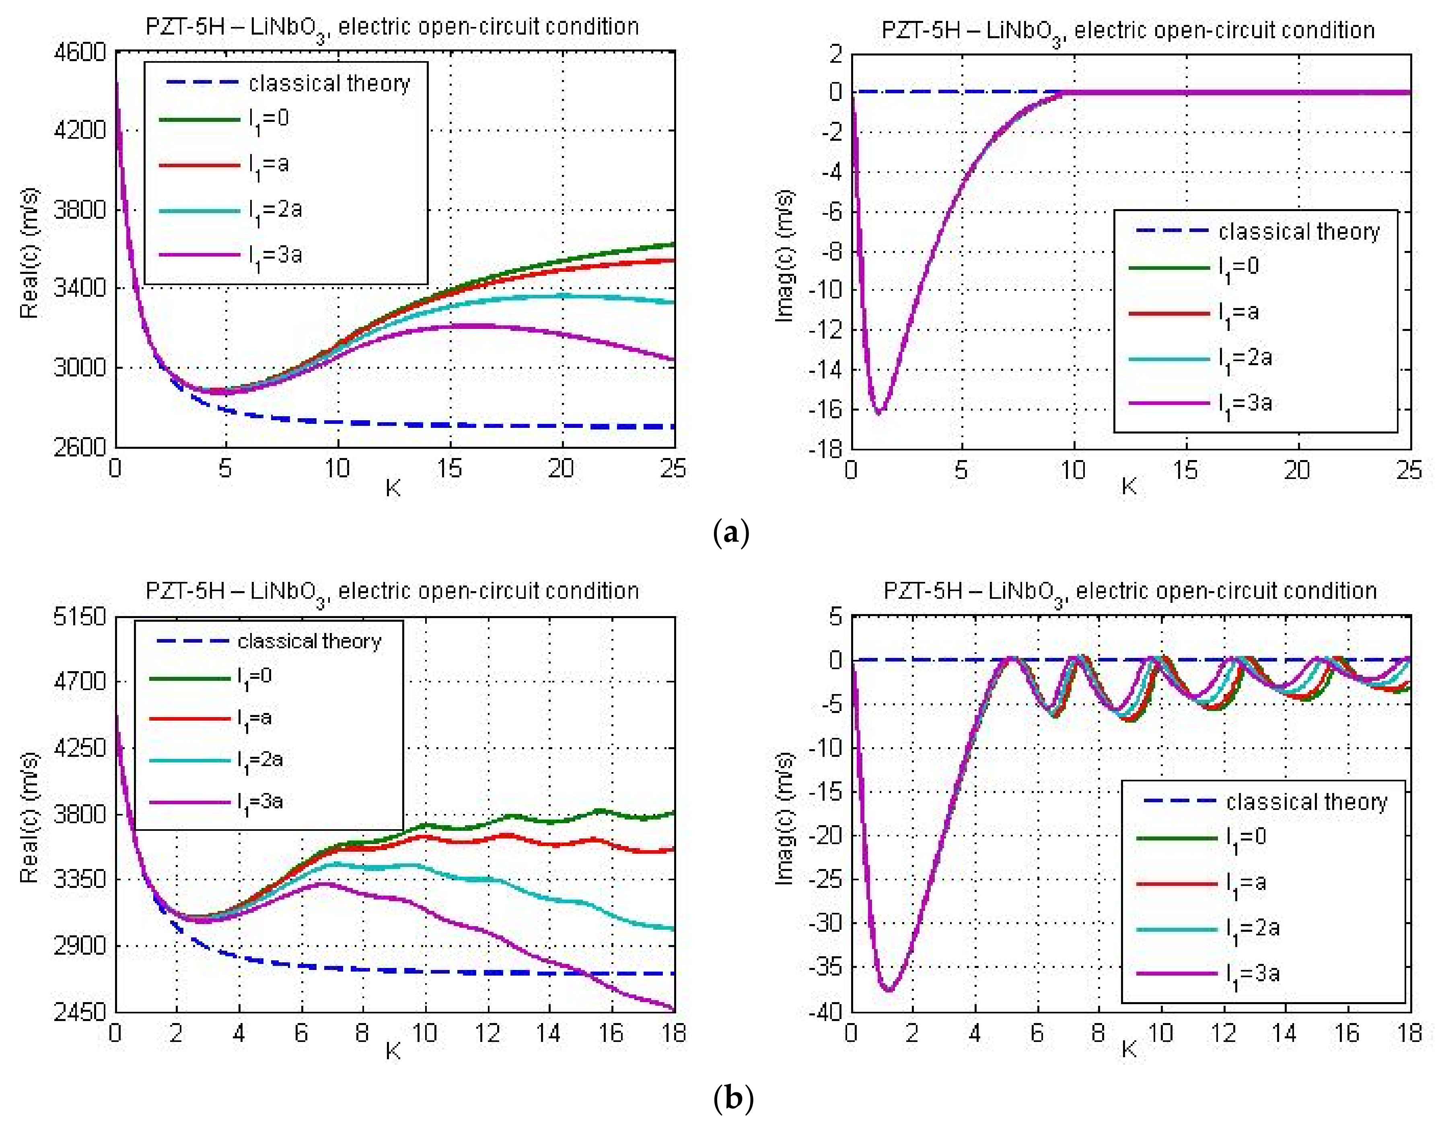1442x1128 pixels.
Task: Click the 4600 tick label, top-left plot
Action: [79, 51]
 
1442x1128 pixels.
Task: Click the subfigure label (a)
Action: [731, 532]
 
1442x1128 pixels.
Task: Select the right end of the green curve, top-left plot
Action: [674, 245]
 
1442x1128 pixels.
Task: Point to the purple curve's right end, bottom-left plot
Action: [674, 1009]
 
